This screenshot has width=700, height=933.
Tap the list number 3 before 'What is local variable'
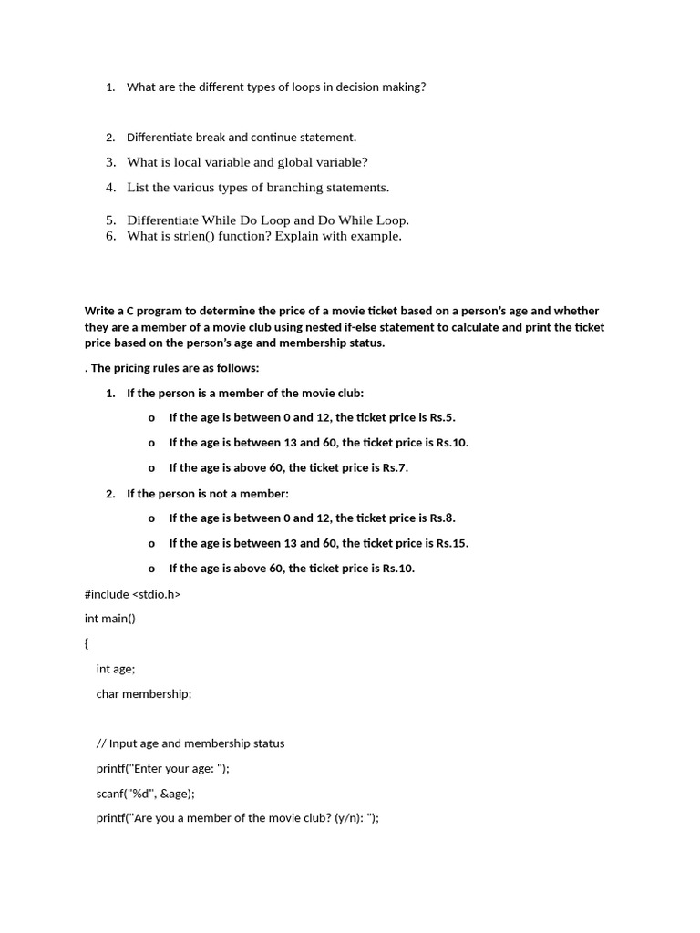point(110,162)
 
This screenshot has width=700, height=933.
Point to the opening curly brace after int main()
point(87,643)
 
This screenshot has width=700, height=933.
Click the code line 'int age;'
point(115,669)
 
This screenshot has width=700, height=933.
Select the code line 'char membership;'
point(144,693)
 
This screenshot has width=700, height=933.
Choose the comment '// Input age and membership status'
point(190,743)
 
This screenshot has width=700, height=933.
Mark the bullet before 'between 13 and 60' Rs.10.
point(151,443)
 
